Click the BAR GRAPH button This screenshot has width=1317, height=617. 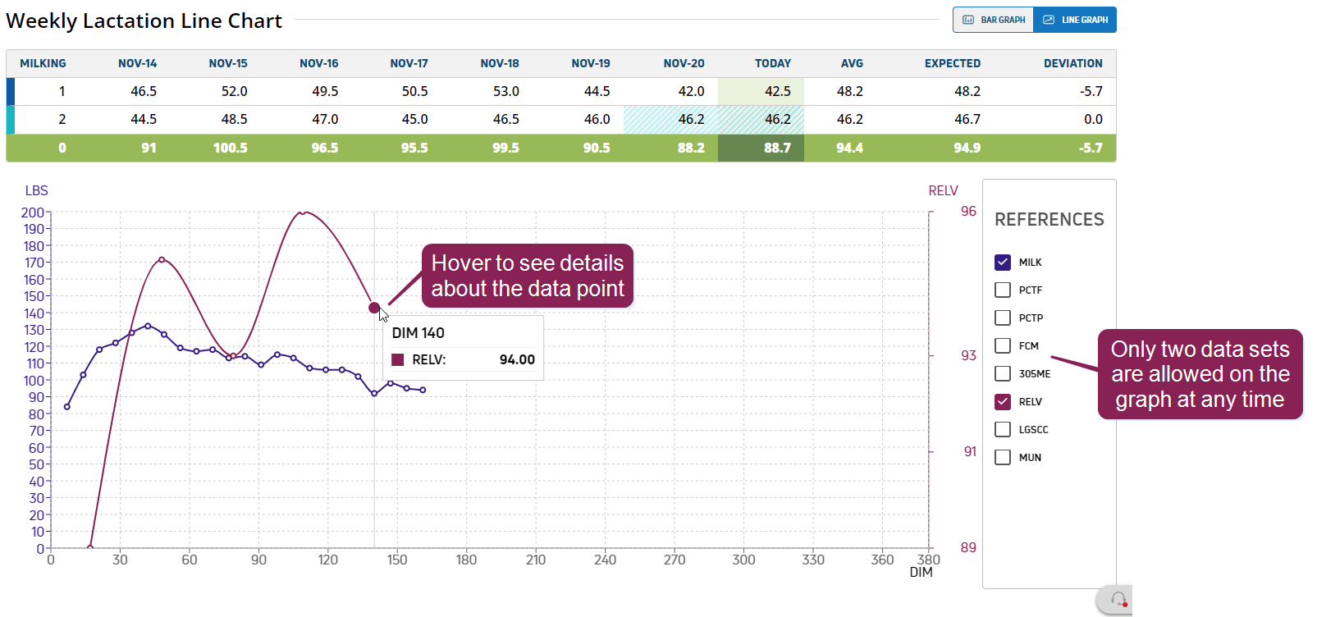[994, 20]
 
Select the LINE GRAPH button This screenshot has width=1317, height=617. [1075, 20]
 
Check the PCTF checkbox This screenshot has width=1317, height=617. [1003, 290]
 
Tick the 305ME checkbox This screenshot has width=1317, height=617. [1003, 373]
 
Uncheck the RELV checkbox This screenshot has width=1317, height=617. [1003, 401]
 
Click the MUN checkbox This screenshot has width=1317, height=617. [1003, 457]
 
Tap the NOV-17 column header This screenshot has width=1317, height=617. [409, 63]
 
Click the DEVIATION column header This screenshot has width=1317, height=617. [1072, 63]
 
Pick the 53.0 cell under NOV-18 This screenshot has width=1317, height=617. [505, 91]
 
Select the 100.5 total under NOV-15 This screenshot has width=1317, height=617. [230, 148]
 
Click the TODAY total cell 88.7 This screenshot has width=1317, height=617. [776, 148]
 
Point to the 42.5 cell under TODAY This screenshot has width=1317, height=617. [777, 91]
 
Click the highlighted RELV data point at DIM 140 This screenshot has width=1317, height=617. [374, 308]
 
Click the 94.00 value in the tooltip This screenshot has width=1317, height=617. [517, 359]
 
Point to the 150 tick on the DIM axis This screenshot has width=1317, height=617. [397, 560]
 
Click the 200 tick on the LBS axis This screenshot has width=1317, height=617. [33, 213]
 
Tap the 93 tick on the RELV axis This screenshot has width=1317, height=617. [968, 355]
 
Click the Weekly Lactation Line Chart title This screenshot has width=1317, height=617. [144, 21]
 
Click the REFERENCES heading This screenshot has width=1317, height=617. [1049, 220]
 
